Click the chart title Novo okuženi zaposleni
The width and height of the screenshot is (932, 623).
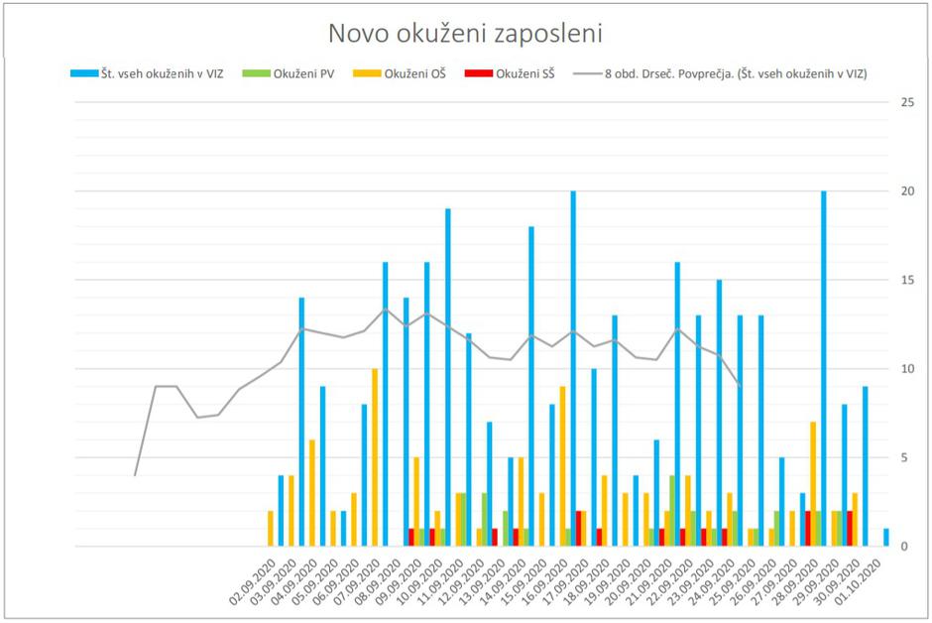pos(465,33)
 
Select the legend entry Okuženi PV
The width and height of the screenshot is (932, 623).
pos(297,73)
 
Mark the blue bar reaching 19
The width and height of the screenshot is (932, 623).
pos(448,377)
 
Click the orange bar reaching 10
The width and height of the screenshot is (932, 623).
pos(375,456)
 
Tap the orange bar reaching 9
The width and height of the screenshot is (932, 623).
pos(562,466)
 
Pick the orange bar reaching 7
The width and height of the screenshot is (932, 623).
pos(813,484)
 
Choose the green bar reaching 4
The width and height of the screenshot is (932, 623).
pos(672,511)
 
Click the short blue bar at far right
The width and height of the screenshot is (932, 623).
pos(886,538)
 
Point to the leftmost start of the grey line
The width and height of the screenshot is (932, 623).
pos(135,475)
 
